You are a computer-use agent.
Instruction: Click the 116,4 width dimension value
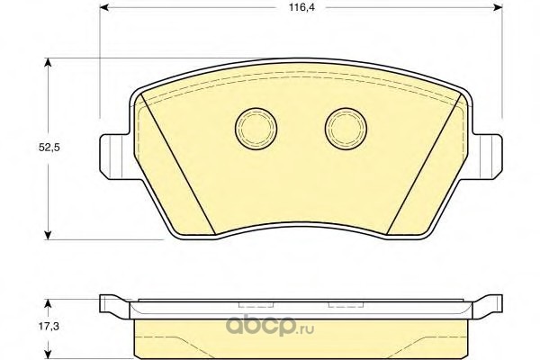click(301, 7)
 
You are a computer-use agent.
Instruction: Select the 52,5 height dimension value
click(49, 148)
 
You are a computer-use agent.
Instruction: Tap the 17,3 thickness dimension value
click(49, 326)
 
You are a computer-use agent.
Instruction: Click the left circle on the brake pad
click(256, 129)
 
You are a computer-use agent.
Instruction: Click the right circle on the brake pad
click(346, 129)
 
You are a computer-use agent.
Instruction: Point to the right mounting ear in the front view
click(487, 157)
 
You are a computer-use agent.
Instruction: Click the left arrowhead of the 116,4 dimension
click(104, 7)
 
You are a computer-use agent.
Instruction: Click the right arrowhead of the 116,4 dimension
click(498, 7)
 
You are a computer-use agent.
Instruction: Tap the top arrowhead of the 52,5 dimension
click(49, 63)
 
